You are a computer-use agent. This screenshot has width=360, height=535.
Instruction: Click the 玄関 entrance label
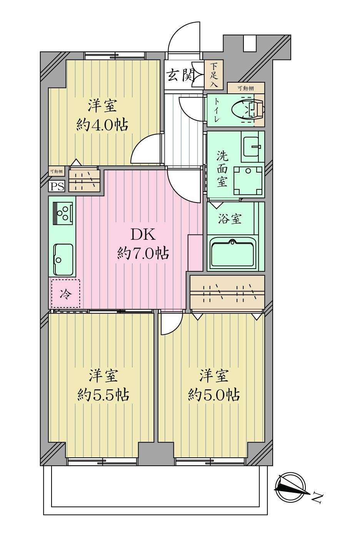(x=180, y=75)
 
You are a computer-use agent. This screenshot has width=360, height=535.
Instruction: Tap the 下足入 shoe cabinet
(x=214, y=75)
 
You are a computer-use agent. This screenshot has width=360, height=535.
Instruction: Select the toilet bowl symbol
(x=248, y=110)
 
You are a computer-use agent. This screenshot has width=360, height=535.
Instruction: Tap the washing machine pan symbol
(x=248, y=181)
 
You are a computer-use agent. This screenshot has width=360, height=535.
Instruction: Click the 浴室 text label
(x=230, y=219)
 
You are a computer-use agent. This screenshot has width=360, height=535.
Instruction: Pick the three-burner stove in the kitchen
(x=63, y=213)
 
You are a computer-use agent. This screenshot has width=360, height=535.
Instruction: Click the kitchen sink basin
(x=63, y=259)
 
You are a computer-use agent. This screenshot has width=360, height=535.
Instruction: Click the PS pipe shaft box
(x=57, y=186)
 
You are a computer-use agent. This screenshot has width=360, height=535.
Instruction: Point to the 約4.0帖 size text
(x=102, y=125)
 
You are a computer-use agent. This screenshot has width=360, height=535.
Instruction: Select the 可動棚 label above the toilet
(x=246, y=88)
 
